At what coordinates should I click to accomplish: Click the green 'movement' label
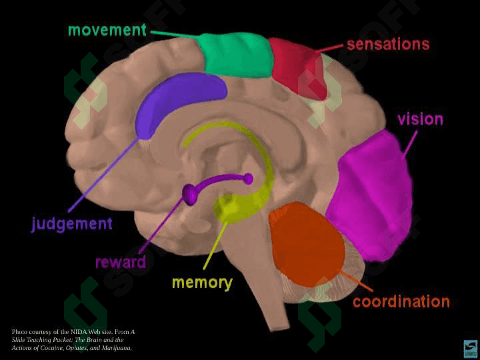tap(107, 30)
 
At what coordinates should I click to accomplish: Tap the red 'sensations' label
tap(388, 45)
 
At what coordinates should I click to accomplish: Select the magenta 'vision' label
tap(420, 119)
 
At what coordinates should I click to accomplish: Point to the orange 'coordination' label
tap(401, 301)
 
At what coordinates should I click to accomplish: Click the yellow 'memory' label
tap(203, 283)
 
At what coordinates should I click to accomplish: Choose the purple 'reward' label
tap(121, 263)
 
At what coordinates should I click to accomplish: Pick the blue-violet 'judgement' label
tap(71, 225)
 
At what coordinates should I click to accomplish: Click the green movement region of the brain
tap(235, 55)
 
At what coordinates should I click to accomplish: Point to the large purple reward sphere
tap(190, 195)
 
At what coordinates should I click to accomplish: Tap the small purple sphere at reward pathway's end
tap(248, 179)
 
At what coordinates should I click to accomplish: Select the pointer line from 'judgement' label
tap(103, 175)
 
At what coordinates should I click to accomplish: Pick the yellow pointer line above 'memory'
tap(215, 246)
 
